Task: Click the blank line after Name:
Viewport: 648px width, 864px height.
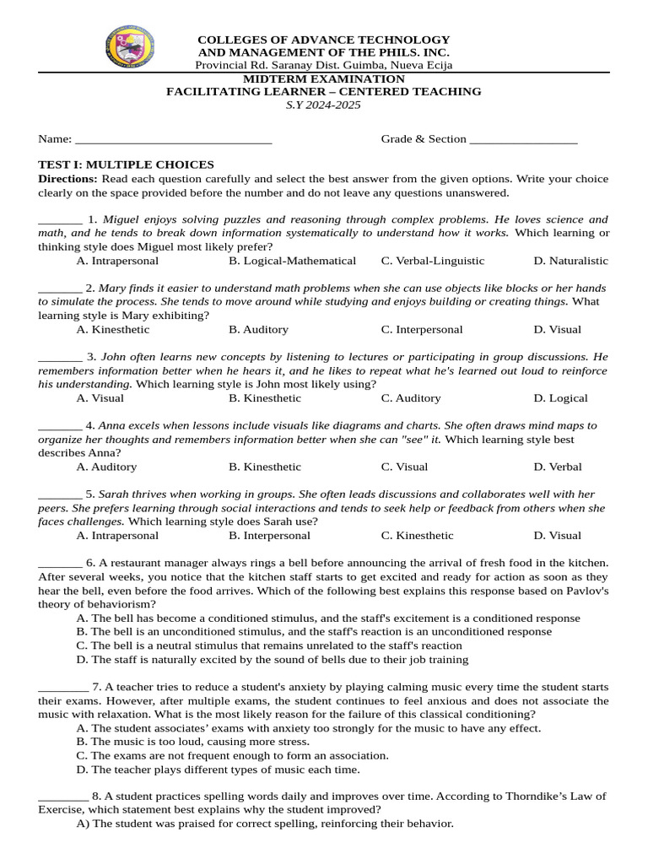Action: [x=173, y=140]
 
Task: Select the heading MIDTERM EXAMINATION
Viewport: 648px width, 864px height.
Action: [x=323, y=78]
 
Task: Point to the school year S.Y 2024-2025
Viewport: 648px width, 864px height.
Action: [x=323, y=105]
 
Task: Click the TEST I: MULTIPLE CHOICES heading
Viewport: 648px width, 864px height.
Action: [x=127, y=165]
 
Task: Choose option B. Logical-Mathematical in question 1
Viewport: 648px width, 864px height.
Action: [x=292, y=261]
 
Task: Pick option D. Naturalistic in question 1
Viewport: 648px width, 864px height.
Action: [x=570, y=261]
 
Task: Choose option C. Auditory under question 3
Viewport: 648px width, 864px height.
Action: [x=410, y=398]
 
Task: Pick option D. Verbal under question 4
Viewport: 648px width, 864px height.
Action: [x=557, y=467]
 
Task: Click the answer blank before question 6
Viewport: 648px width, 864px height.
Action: [x=60, y=564]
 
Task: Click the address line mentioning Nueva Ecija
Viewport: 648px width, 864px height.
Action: [x=323, y=65]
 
